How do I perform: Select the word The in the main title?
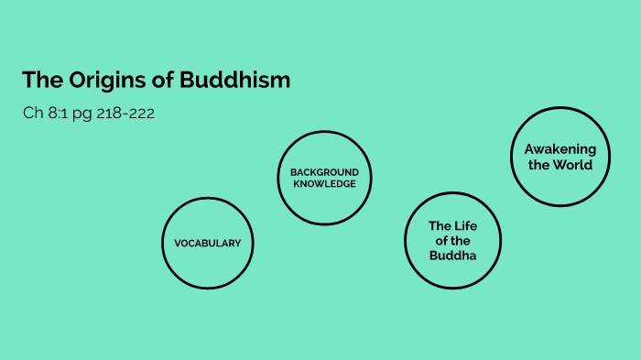click(40, 81)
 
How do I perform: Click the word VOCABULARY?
click(207, 244)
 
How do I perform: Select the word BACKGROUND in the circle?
click(324, 172)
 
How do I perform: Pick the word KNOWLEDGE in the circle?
click(324, 183)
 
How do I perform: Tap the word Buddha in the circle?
click(452, 256)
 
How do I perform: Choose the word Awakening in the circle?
click(560, 149)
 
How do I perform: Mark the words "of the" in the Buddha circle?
click(452, 241)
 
